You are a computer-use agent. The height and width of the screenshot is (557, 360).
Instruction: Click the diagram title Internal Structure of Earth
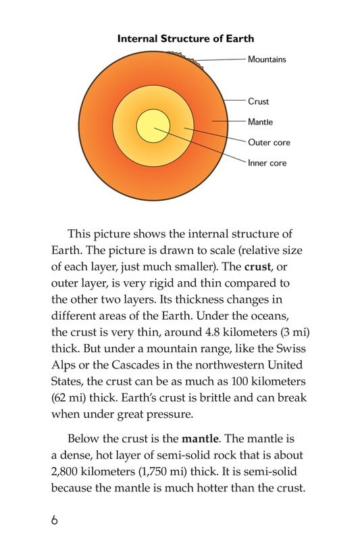pyautogui.click(x=186, y=39)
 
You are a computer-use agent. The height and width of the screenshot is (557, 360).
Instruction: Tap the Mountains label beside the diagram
pyautogui.click(x=267, y=59)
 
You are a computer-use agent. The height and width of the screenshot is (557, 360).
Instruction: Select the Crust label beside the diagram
pyautogui.click(x=258, y=101)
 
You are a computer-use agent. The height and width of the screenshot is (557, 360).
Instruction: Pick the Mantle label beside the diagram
pyautogui.click(x=260, y=122)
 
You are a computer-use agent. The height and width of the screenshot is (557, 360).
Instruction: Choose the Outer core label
pyautogui.click(x=269, y=143)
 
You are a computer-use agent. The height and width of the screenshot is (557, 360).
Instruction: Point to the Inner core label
pyautogui.click(x=267, y=163)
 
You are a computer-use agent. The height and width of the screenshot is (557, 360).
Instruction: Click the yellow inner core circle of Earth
pyautogui.click(x=153, y=126)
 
